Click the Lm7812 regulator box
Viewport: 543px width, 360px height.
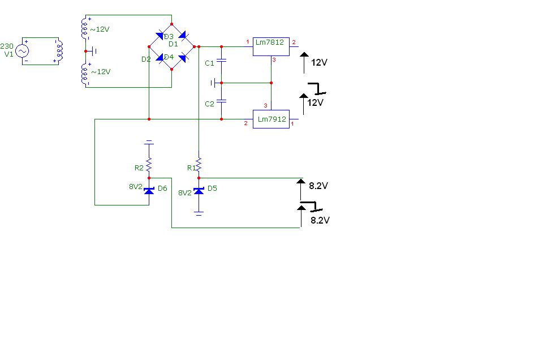(x=271, y=46)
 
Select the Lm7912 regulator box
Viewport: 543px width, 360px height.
(x=271, y=119)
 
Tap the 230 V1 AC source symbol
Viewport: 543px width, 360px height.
(x=22, y=52)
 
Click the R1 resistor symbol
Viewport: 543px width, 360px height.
(x=199, y=165)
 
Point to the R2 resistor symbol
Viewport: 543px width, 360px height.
(x=149, y=165)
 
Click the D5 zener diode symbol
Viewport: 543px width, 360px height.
(x=199, y=191)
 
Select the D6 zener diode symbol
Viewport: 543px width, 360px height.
(x=149, y=191)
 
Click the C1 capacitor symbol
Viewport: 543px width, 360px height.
(x=221, y=61)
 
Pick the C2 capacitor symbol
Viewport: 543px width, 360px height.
(x=221, y=101)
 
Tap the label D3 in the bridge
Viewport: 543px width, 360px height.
(x=169, y=36)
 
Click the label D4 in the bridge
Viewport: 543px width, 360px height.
(x=169, y=57)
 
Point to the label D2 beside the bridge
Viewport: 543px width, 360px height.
(x=146, y=59)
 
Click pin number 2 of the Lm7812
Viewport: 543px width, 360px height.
(x=294, y=42)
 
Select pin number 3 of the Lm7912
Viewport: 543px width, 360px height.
(x=266, y=106)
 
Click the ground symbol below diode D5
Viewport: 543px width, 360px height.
(x=199, y=213)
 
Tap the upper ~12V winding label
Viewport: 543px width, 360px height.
(x=100, y=29)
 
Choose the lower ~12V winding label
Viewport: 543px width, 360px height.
(x=101, y=72)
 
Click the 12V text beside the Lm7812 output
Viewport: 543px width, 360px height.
(x=319, y=62)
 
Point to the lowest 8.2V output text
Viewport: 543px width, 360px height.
(x=320, y=220)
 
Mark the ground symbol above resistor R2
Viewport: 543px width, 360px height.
(x=149, y=142)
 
